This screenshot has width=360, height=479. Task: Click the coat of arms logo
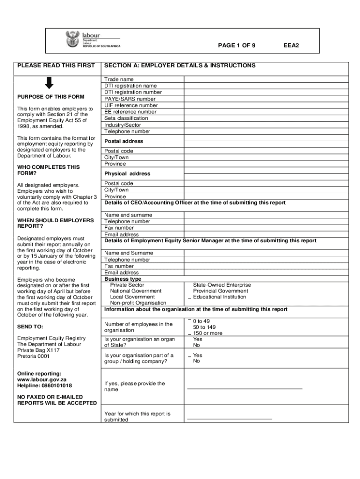pos(72,39)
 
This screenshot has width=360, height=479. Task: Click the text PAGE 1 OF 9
pos(237,45)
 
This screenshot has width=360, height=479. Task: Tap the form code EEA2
pos(291,45)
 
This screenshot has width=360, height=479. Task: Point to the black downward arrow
pos(49,83)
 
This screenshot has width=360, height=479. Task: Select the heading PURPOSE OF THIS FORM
pos(51,97)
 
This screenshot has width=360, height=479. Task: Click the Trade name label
pos(119,80)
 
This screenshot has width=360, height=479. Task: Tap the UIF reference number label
pos(131,106)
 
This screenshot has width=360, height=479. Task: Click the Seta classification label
pos(126,118)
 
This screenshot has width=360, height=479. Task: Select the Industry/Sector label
pos(122,125)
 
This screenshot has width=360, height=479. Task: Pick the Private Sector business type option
pos(127,285)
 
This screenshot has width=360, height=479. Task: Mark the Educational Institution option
pos(219,297)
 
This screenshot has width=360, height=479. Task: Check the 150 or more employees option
pos(208,334)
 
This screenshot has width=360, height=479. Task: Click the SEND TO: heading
pos(30,327)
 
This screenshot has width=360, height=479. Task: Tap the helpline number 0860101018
pos(57,386)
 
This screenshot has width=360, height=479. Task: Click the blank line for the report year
pos(229,418)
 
